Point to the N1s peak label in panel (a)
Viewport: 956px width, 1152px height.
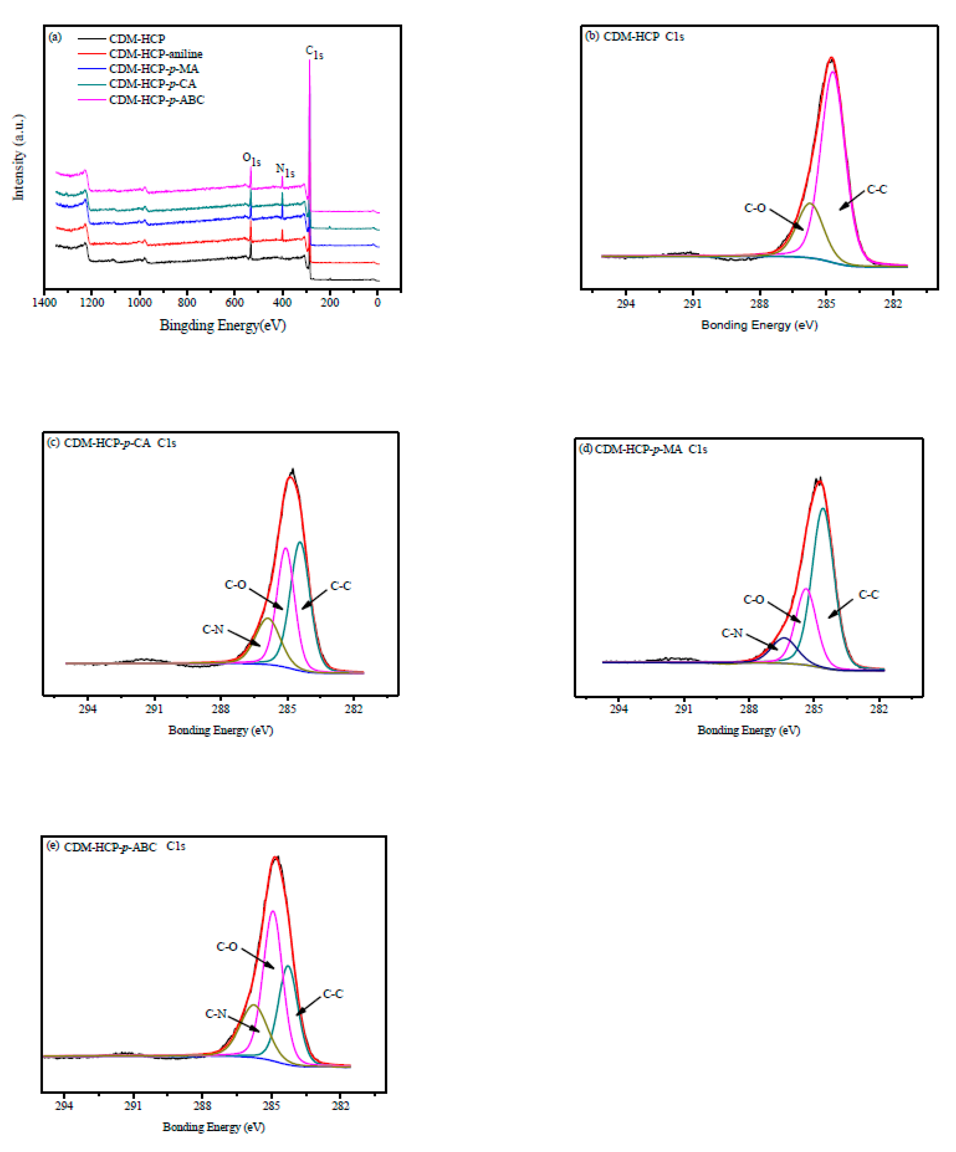tap(285, 171)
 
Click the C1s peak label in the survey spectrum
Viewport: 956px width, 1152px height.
tap(314, 53)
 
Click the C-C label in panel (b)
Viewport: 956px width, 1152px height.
tap(876, 190)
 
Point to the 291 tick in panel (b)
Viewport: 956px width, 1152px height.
tap(692, 303)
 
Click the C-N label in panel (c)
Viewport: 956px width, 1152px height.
tap(213, 629)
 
